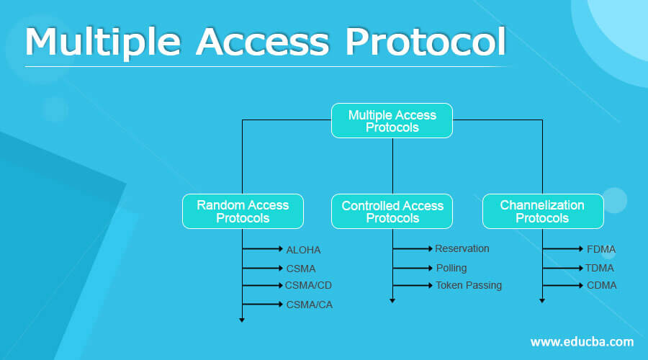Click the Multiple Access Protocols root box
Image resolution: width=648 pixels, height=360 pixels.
tap(392, 121)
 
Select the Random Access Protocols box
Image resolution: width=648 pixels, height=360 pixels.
tap(243, 212)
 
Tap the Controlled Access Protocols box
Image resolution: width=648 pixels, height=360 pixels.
tap(392, 212)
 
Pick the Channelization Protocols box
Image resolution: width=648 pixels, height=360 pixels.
tap(542, 212)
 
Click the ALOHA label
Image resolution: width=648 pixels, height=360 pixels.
tap(303, 250)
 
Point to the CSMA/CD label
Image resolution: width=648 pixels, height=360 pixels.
tap(308, 285)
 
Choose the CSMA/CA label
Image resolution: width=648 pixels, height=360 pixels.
tap(309, 305)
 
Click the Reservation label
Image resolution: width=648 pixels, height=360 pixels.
tap(462, 248)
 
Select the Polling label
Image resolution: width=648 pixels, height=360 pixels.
tap(451, 268)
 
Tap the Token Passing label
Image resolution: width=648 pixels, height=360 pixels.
tap(469, 285)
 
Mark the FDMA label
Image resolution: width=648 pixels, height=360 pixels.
tap(601, 249)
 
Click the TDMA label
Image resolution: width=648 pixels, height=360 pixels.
tap(600, 268)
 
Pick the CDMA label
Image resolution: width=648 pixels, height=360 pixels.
tap(601, 285)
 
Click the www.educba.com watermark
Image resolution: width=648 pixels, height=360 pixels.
tap(582, 341)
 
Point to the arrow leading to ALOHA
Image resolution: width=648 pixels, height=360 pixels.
tap(264, 249)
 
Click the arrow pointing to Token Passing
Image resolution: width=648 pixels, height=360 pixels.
tap(413, 285)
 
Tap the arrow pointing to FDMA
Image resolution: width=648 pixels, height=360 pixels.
tap(563, 249)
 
